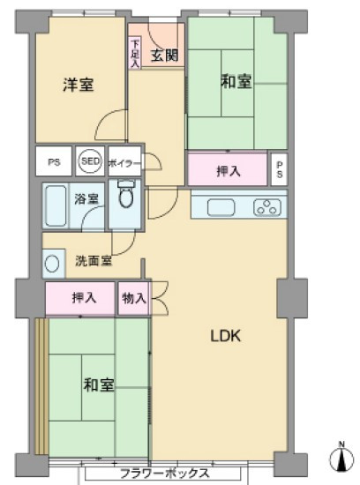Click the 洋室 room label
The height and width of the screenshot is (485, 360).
79,85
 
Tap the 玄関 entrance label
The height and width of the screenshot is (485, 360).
164,56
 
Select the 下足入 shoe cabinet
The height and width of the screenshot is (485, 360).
135,53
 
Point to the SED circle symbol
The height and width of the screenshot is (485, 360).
90,161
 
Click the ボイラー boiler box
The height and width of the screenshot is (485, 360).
124,161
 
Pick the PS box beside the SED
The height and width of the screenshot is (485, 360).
54,161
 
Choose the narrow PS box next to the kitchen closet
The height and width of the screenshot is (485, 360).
279,169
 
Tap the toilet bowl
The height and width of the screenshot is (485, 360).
126,194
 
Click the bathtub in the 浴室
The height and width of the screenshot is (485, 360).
56,205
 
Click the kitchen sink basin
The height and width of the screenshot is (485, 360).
221,207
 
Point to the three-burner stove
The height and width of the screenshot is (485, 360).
267,207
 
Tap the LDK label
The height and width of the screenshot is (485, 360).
226,336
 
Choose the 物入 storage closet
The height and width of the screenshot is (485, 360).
134,298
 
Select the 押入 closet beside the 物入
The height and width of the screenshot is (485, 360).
80,298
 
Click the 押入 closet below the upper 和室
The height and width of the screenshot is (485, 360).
228,169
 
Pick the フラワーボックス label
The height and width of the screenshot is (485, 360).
164,474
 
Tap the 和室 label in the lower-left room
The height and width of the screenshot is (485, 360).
99,385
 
